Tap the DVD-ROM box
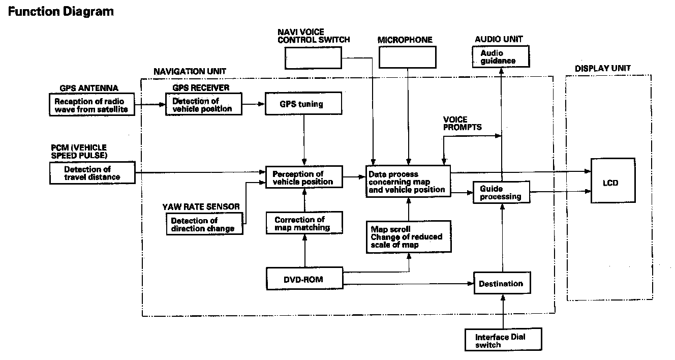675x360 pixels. tap(304, 279)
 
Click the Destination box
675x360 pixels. tap(501, 284)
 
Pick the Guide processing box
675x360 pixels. tap(501, 193)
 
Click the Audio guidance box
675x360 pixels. tap(501, 56)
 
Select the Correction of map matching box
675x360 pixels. tap(303, 223)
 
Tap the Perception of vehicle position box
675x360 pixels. tap(303, 177)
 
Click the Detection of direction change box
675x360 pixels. tap(204, 224)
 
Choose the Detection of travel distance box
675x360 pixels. tap(93, 173)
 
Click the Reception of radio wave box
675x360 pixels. tap(93, 104)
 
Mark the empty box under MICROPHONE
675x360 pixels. tap(408, 57)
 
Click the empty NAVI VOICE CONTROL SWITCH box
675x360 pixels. tap(313, 57)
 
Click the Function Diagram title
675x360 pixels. tap(61, 11)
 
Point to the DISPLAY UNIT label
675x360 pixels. tap(603, 68)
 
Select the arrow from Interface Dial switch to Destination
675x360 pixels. tap(504, 313)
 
